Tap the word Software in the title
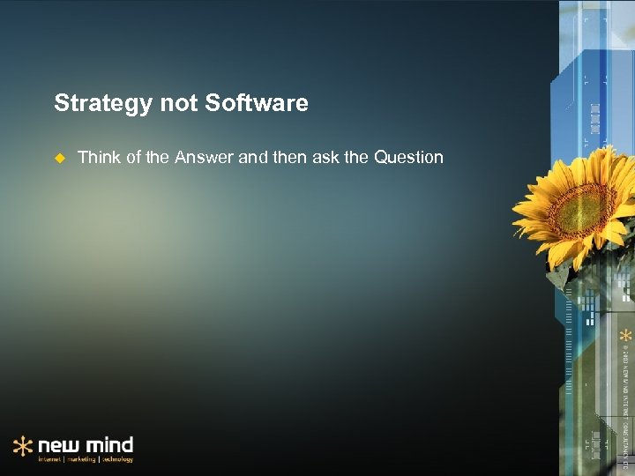[x=257, y=104]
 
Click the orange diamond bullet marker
[x=60, y=159]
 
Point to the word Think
[x=98, y=158]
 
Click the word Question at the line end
[x=408, y=158]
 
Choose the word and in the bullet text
[x=251, y=158]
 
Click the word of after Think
[x=131, y=158]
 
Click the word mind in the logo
[x=109, y=443]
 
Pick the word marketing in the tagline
[x=83, y=459]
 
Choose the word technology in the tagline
[x=118, y=459]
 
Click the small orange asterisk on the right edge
[x=624, y=336]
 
